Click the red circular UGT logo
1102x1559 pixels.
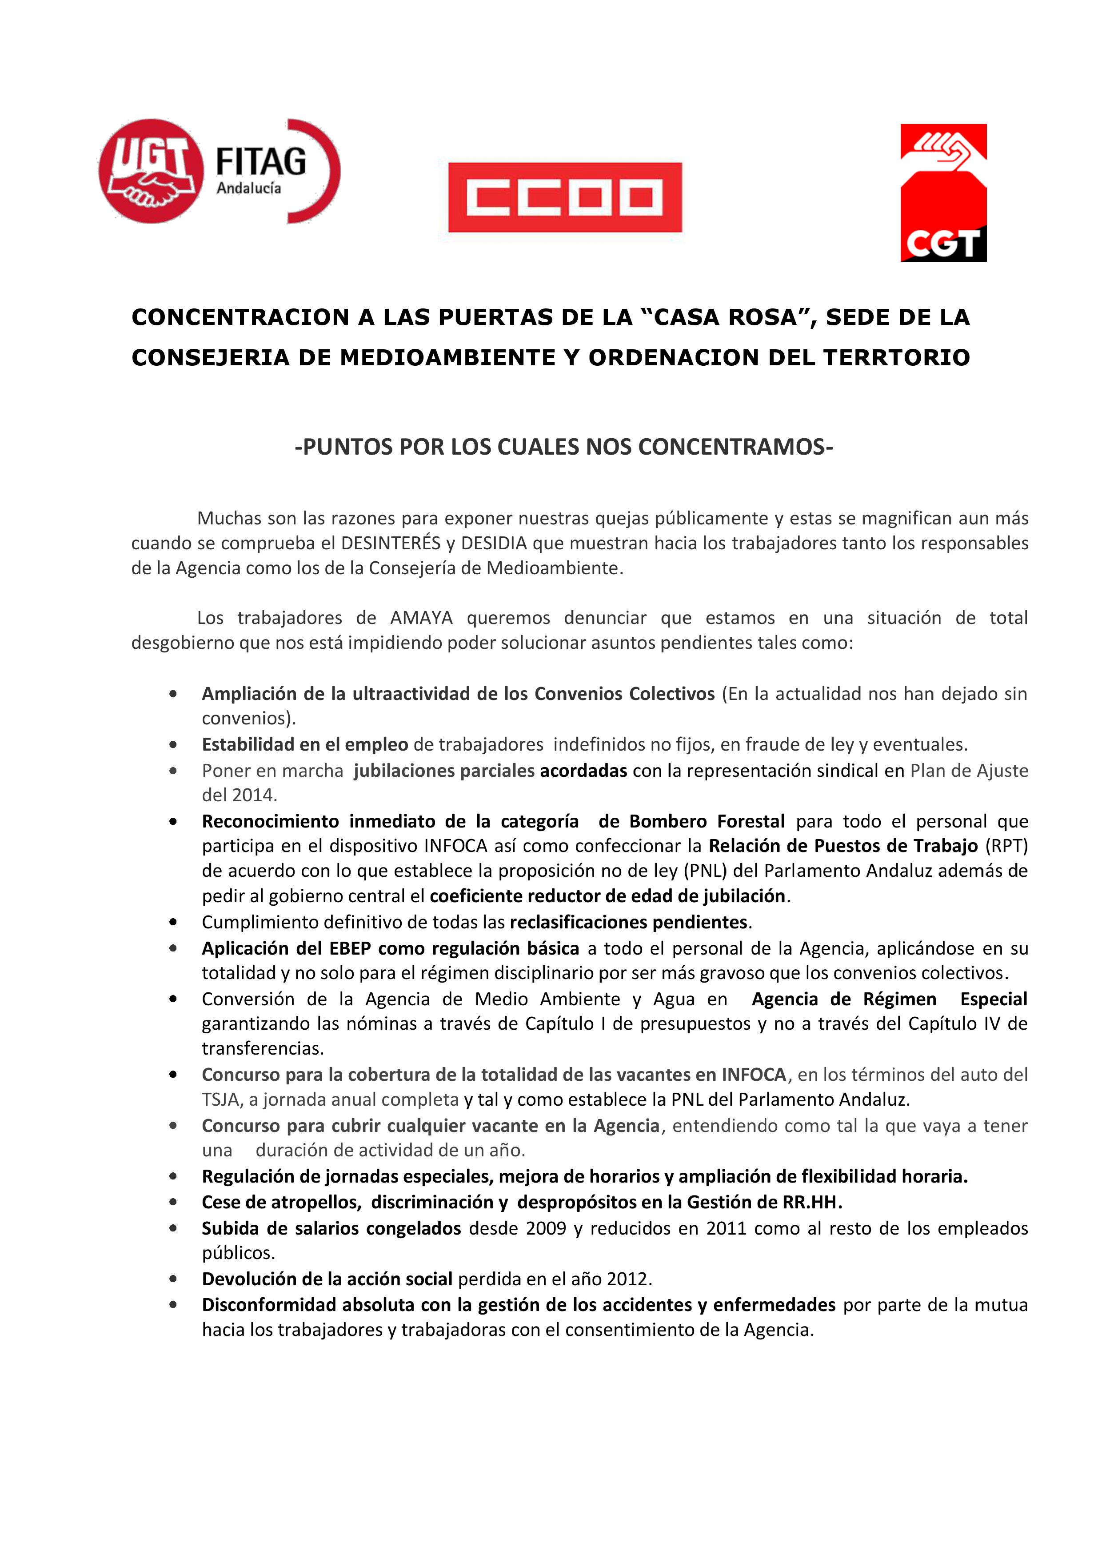(x=151, y=171)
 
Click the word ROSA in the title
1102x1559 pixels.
(x=763, y=317)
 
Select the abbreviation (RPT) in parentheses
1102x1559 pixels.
(x=1006, y=846)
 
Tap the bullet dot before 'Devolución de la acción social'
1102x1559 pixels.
(x=173, y=1279)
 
